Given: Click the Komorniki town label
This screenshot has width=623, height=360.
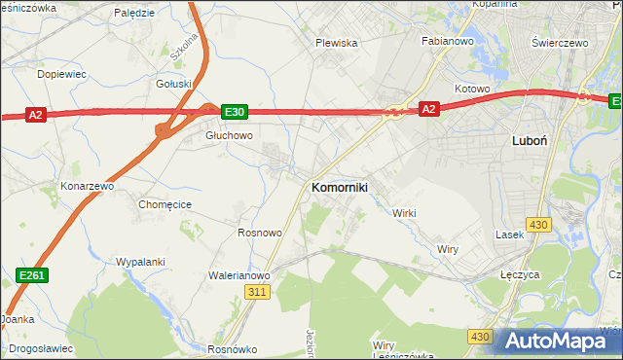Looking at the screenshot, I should pyautogui.click(x=339, y=187).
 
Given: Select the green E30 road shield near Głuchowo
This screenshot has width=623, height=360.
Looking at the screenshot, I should pyautogui.click(x=234, y=112).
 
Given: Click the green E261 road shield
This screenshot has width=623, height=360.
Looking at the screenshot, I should pyautogui.click(x=31, y=277).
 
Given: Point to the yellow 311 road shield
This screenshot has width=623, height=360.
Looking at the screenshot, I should pyautogui.click(x=257, y=292).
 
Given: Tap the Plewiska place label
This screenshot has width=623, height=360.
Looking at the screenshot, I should pyautogui.click(x=337, y=43).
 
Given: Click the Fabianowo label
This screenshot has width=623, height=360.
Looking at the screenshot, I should pyautogui.click(x=447, y=42).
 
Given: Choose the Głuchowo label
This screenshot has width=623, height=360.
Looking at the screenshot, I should pyautogui.click(x=229, y=136).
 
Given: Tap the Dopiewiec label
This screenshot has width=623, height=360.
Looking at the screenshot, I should pyautogui.click(x=61, y=74).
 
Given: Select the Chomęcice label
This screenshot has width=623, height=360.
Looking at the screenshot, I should pyautogui.click(x=165, y=204).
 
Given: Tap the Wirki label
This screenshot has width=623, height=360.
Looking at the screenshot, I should pyautogui.click(x=404, y=213).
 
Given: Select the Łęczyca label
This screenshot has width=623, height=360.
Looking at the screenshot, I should pyautogui.click(x=519, y=275).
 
